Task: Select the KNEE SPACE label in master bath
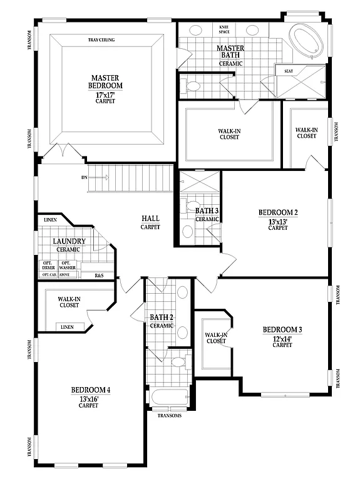[224, 29]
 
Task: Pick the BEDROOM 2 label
[278, 213]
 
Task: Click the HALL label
[150, 219]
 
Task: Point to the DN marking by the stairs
[84, 177]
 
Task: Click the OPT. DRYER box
[48, 265]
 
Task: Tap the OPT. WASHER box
[68, 265]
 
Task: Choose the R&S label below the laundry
[99, 276]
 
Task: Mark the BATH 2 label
[161, 318]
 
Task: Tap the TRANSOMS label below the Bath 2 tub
[168, 415]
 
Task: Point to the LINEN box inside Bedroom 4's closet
[67, 327]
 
